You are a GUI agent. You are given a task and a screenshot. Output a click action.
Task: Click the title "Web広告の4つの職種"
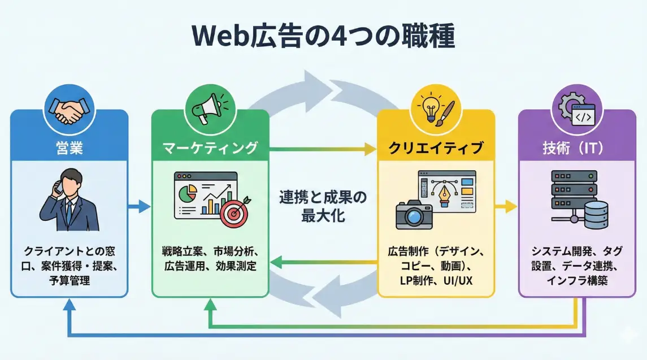pyautogui.click(x=323, y=36)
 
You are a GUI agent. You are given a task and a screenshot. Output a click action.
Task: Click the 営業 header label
pyautogui.click(x=70, y=148)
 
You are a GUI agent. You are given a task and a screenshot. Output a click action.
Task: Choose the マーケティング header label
pyautogui.click(x=210, y=148)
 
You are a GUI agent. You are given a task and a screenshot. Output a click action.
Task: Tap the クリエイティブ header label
pyautogui.click(x=436, y=148)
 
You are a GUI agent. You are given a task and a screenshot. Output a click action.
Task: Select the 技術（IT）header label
pyautogui.click(x=577, y=148)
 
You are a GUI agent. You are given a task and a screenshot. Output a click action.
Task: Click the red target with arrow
pyautogui.click(x=233, y=213)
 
